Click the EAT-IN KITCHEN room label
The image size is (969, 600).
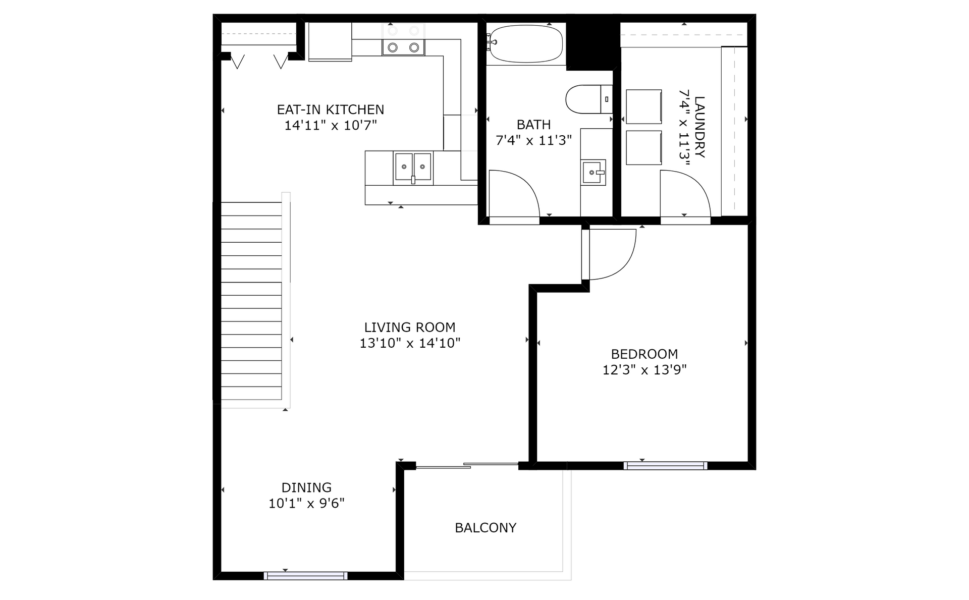331,110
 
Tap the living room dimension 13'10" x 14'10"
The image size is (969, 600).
410,344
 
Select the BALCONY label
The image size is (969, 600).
486,528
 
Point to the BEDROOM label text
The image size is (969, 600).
644,354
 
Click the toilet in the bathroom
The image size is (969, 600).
588,99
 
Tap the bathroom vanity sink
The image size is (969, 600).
593,173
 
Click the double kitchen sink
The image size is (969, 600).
413,167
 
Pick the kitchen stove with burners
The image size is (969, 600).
403,40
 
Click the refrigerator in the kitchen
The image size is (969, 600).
330,41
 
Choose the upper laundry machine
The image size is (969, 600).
644,106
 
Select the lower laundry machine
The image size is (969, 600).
644,148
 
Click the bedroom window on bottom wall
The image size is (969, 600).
665,466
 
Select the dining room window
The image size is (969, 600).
306,576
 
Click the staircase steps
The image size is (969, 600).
251,301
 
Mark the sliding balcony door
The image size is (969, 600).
467,466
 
